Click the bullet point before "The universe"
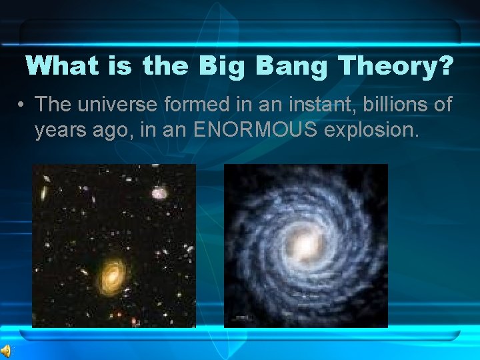click(22, 105)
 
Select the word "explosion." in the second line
click(371, 130)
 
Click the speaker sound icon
click(7, 351)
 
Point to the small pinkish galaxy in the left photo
click(159, 193)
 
